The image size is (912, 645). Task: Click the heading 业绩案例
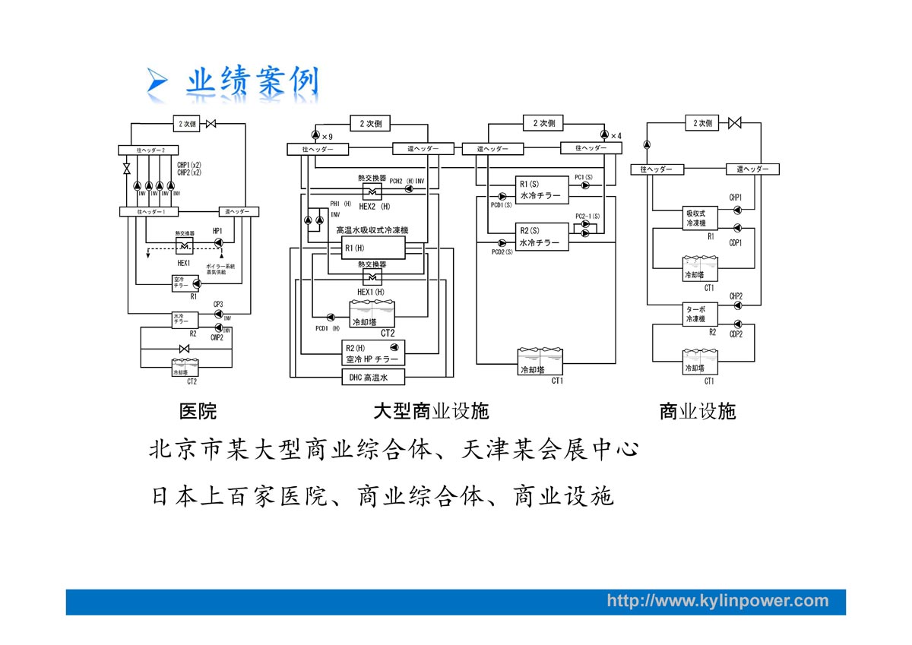tap(253, 81)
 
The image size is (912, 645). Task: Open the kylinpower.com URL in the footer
tap(717, 601)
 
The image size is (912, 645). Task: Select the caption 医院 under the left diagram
tap(198, 412)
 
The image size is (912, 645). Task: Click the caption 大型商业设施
tap(431, 412)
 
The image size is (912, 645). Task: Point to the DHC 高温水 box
tap(372, 377)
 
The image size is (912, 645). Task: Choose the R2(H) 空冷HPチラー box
tap(372, 353)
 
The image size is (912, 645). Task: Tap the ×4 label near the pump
tap(616, 136)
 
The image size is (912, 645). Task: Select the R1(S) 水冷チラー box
tap(540, 190)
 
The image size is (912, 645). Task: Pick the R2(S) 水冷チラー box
tap(540, 237)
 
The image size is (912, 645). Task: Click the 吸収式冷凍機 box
tap(696, 219)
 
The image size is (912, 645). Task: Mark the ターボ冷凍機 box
tap(696, 315)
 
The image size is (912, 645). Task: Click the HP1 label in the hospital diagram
tap(217, 231)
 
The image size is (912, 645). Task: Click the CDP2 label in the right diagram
tap(736, 334)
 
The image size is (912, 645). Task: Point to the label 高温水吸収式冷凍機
tap(372, 229)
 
